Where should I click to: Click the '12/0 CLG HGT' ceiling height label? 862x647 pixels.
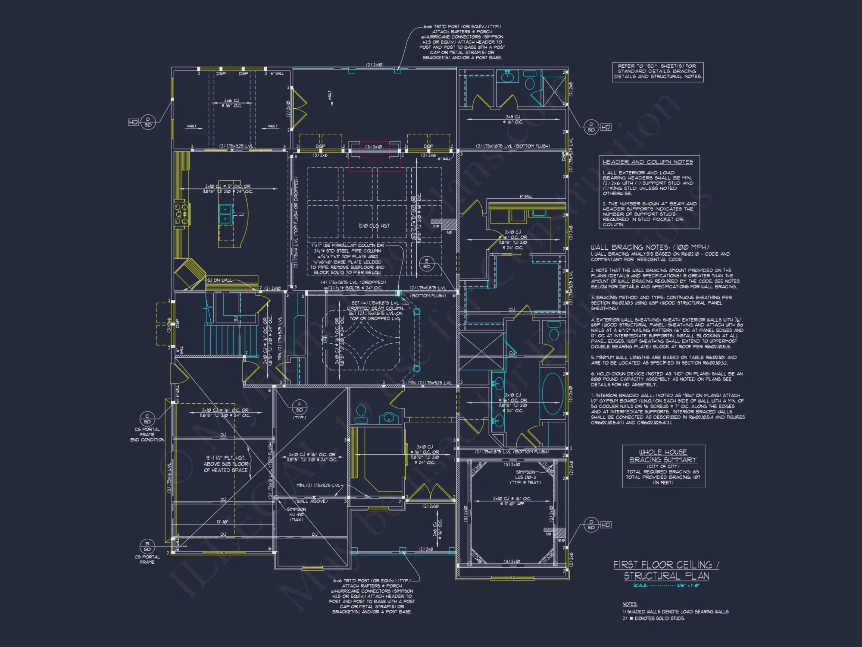point(374,226)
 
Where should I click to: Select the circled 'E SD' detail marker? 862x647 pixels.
point(426,264)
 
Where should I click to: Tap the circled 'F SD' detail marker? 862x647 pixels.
point(300,407)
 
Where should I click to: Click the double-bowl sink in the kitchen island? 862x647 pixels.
point(225,214)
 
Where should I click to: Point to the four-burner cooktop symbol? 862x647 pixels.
point(181,214)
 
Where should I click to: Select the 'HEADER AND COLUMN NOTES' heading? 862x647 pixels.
point(647,162)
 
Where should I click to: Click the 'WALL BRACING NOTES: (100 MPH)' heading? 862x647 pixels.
point(649,247)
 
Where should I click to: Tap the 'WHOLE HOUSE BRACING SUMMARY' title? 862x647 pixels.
point(663,456)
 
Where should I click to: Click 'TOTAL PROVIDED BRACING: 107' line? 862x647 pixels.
point(663,477)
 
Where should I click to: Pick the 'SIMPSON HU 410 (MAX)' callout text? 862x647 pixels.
point(297,514)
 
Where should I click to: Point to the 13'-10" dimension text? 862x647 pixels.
point(222,522)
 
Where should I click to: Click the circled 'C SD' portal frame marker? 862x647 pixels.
point(147,419)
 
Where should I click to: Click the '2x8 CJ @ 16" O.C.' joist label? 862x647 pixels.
point(512,119)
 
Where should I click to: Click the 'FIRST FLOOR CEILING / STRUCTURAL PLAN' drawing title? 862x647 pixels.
point(666,570)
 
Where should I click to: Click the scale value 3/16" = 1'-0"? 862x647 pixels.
point(688,585)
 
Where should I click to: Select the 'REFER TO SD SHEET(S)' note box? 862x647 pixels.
point(658,72)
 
